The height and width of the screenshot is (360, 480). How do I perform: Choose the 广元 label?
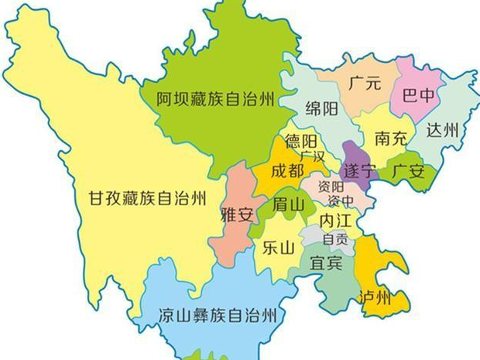(365, 83)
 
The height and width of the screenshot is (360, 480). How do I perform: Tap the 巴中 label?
(415, 97)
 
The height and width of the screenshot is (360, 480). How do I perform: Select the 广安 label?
(408, 170)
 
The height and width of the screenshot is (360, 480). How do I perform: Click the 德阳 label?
(301, 142)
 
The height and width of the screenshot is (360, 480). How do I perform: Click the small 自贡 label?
(335, 240)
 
